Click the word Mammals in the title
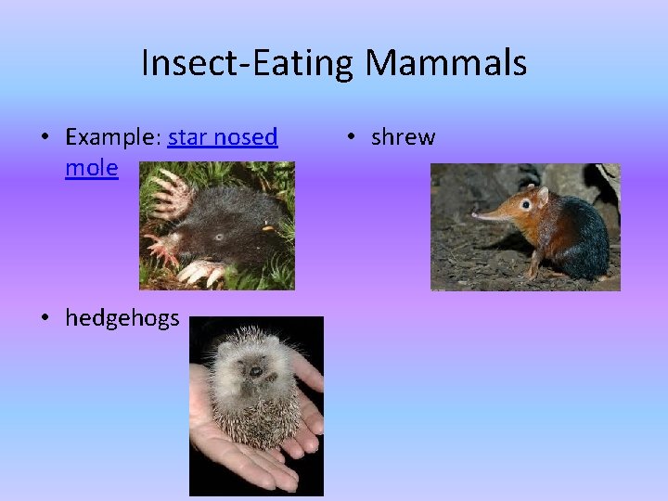coord(445,63)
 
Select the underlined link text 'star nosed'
coord(223,137)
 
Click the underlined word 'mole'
coord(92,168)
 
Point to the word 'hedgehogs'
coord(122,318)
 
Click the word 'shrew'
coord(403,137)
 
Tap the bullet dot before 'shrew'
coord(353,138)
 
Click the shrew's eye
coord(526,203)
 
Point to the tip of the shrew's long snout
coord(475,216)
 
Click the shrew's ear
coord(542,196)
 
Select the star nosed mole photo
coord(217,225)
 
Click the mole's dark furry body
coord(232,218)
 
